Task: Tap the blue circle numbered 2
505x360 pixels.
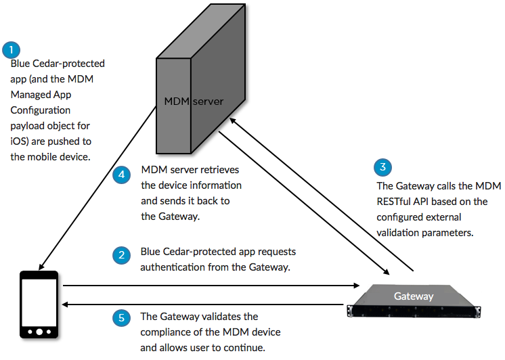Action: point(120,255)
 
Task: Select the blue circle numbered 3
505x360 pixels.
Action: point(383,168)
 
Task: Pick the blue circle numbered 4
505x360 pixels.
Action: point(120,175)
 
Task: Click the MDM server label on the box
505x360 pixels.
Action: point(194,102)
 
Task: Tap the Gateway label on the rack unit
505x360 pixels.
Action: point(414,296)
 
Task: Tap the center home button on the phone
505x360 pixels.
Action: point(40,332)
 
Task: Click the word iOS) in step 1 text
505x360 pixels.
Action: point(20,141)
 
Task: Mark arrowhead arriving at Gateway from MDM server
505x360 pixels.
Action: point(387,273)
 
